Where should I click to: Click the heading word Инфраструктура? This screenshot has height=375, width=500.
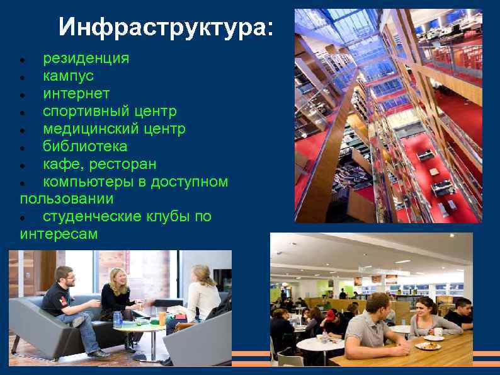point(166,28)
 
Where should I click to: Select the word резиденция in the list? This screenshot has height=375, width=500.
point(86,59)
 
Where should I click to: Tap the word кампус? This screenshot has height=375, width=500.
point(68,76)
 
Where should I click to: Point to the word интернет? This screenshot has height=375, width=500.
point(76,94)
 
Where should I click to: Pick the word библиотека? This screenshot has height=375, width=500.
point(85,147)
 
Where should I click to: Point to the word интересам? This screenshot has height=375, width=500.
point(59,234)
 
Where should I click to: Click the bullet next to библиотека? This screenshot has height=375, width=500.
point(23,149)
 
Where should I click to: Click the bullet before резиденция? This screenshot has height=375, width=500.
point(23,61)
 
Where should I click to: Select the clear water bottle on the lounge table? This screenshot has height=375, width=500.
point(118,318)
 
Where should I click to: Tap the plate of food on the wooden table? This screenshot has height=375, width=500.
point(428,345)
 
